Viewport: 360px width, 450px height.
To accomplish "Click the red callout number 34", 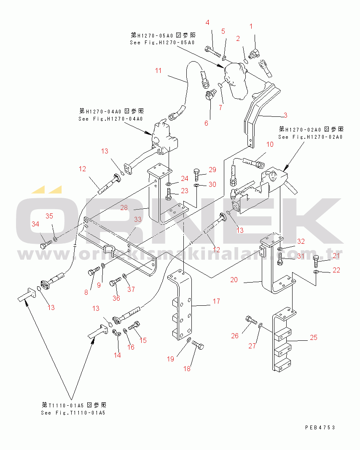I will tap(35, 224).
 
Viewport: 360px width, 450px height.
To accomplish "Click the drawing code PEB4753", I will tap(320, 427).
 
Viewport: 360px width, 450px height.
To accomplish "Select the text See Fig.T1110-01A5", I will tap(73, 412).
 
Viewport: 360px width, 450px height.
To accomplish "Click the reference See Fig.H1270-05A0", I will tap(162, 43).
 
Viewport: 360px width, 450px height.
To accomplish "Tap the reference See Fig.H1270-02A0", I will tap(310, 137).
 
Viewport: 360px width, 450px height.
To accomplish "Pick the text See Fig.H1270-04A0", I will tap(110, 119).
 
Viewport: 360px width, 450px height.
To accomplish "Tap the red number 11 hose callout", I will tap(158, 70).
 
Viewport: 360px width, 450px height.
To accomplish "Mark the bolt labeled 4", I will tap(213, 54).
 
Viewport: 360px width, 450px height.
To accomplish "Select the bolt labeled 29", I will tap(197, 173).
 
